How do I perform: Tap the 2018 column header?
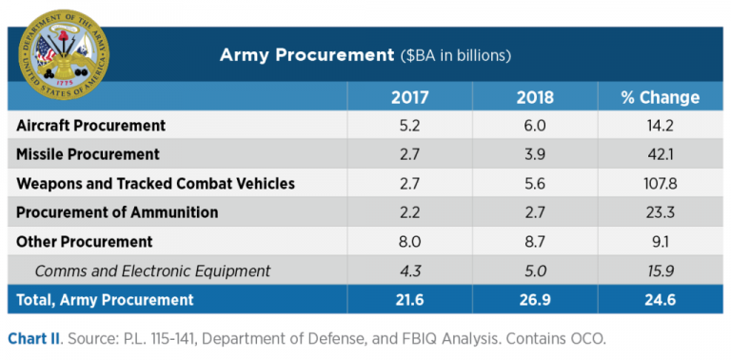point(534,97)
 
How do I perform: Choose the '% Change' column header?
point(660,97)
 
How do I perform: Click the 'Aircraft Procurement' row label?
point(91,126)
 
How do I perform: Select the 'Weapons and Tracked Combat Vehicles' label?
point(156,184)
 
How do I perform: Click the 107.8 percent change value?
point(660,184)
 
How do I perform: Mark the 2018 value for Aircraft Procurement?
point(534,126)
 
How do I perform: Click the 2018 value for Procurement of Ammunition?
point(534,212)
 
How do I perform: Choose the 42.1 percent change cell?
point(660,154)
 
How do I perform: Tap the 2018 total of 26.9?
point(534,300)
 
